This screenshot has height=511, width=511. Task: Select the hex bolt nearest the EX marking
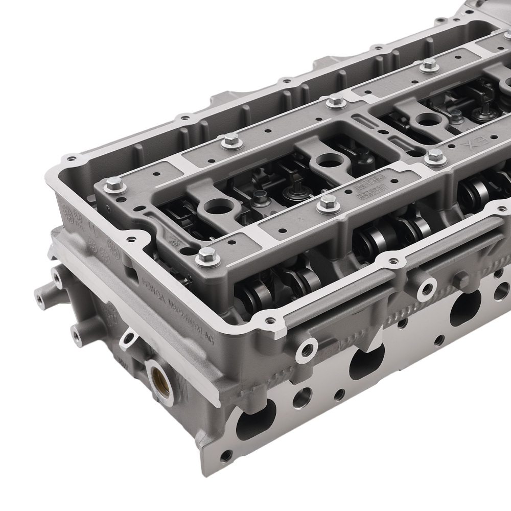pos(435,157)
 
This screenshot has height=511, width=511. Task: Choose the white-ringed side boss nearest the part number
pos(307,349)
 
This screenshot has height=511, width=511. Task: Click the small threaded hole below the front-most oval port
pos(224,454)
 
